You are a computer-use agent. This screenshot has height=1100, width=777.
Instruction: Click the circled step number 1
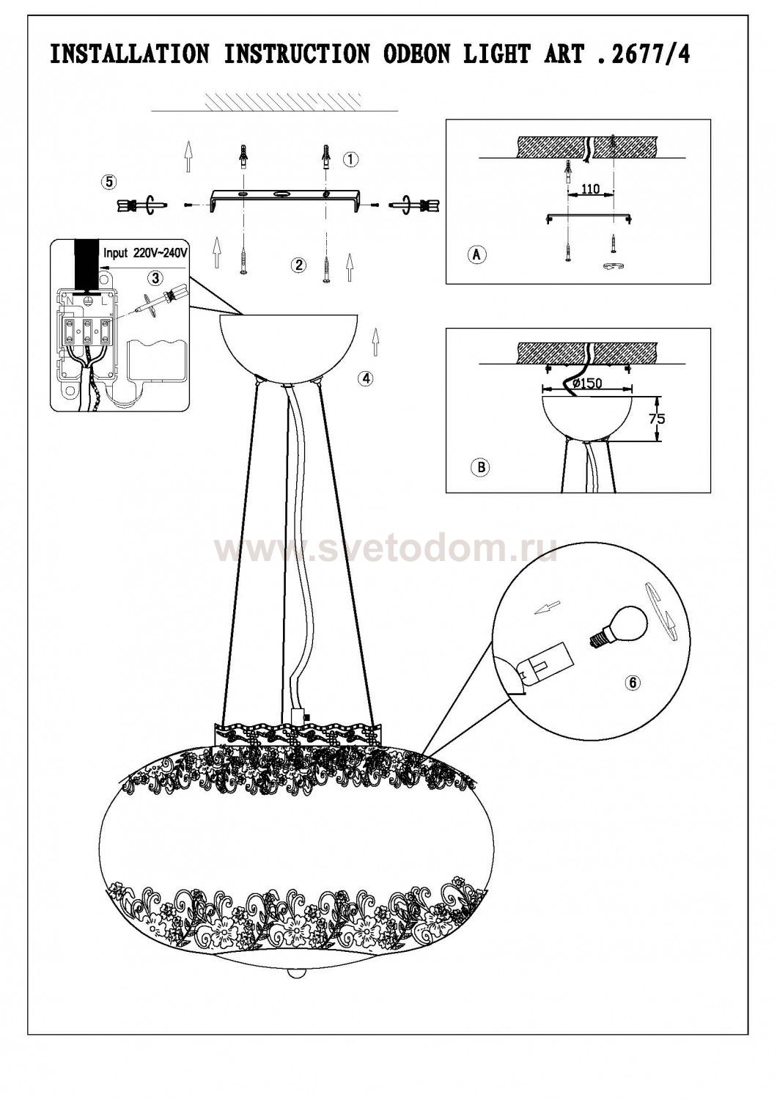coord(351,160)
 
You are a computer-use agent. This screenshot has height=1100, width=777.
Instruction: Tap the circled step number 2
coord(298,265)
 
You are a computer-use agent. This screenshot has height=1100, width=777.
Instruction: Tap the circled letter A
coord(476,254)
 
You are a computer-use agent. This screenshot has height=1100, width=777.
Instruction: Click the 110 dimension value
coord(591,188)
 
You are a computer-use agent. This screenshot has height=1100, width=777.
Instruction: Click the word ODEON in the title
coord(417,54)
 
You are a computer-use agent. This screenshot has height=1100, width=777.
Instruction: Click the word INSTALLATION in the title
coord(130,54)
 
